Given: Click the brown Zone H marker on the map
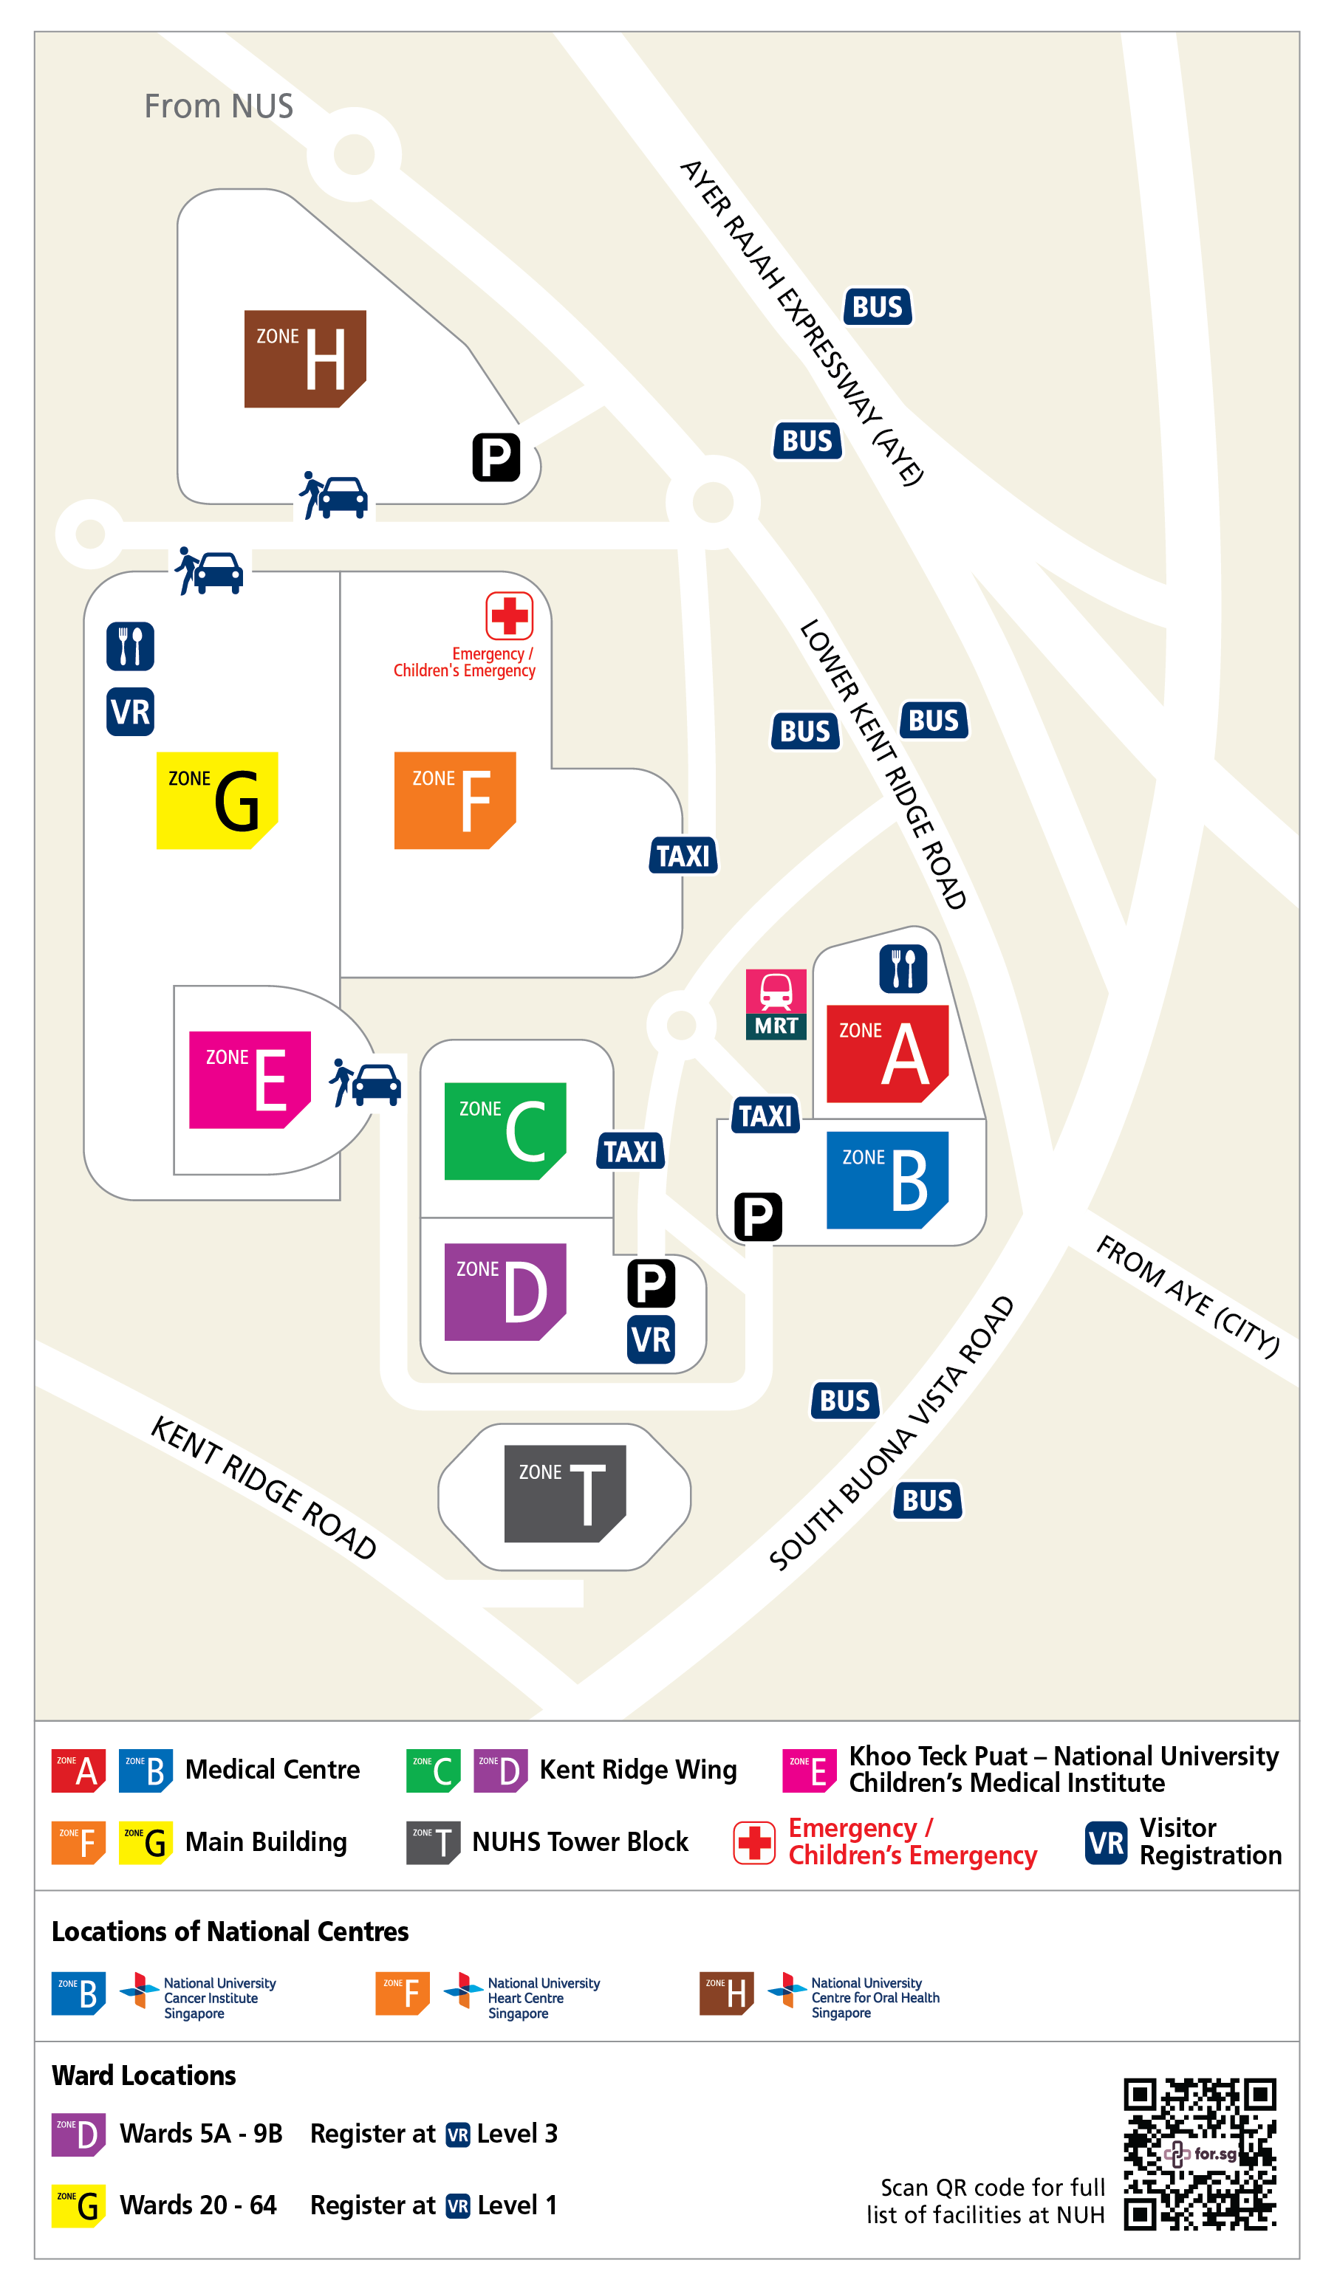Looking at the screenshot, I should pos(305,359).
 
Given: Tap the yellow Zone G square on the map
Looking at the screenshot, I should pos(216,800).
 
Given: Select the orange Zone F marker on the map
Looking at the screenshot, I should pos(454,800).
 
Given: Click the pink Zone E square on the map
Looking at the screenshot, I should pos(250,1079).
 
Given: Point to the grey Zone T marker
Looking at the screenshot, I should pos(564,1493).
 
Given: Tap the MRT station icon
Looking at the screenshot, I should pos(776,1004).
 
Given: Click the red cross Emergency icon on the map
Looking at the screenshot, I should pos(509,617).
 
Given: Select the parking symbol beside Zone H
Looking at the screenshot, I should pos(496,457).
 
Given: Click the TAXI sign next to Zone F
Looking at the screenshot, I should pos(683,856).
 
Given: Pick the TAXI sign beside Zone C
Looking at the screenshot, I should pos(630,1152).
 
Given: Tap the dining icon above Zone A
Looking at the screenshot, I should pos(903,969).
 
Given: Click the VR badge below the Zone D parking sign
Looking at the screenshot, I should pos(652,1340).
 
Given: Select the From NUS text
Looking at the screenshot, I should pos(219,106).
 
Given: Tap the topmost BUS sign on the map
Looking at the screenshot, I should pos(877,306).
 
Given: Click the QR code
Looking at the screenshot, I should pos(1200,2153).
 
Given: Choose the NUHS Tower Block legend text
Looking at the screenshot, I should pos(580,1841).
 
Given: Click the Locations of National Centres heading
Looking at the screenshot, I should pos(230,1931).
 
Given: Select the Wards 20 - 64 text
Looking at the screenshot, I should pos(198,2205).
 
